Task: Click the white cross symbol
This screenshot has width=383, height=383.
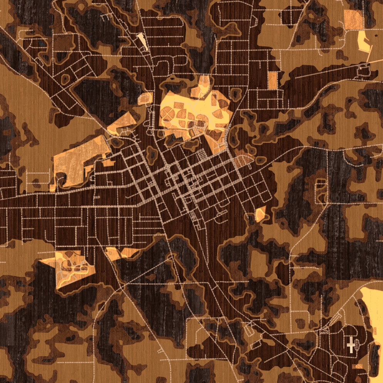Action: pyautogui.click(x=351, y=344)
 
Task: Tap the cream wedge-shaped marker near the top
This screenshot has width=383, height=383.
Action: pyautogui.click(x=143, y=41)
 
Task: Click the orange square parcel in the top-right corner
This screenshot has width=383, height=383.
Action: pyautogui.click(x=353, y=19)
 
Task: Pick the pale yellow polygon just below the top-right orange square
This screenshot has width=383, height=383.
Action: pyautogui.click(x=363, y=42)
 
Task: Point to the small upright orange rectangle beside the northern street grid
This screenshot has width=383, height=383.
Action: pyautogui.click(x=273, y=81)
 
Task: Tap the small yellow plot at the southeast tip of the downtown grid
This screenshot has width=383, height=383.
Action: pyautogui.click(x=260, y=214)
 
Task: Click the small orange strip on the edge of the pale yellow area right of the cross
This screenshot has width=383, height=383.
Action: pyautogui.click(x=375, y=331)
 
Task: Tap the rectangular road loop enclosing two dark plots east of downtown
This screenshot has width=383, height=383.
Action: pyautogui.click(x=321, y=191)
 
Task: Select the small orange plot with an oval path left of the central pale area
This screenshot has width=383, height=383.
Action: pyautogui.click(x=145, y=99)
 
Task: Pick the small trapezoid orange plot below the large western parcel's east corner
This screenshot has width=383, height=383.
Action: pyautogui.click(x=109, y=162)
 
